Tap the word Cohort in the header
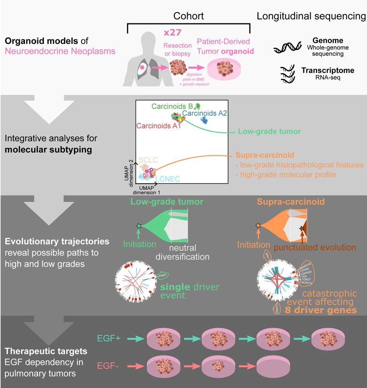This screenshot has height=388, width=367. coord(188,16)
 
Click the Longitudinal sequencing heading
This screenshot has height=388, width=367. coord(311,16)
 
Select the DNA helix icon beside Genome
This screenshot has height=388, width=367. coord(287,48)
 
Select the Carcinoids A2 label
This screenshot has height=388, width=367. coord(204,113)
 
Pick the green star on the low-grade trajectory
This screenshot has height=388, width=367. coord(139,225)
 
